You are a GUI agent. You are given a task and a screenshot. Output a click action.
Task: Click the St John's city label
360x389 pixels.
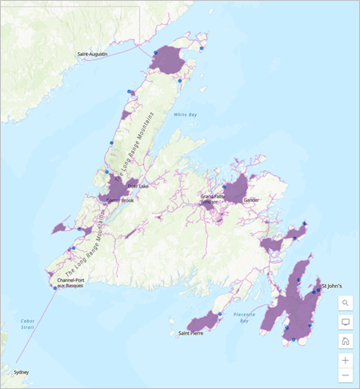point(332,286)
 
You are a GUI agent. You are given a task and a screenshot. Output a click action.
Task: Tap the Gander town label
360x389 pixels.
point(252,200)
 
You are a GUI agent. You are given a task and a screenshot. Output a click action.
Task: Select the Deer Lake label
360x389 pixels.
point(138,186)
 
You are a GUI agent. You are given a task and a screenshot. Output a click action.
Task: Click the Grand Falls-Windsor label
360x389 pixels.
point(213,199)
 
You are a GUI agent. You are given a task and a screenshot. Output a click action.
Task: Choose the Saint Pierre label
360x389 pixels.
point(190,333)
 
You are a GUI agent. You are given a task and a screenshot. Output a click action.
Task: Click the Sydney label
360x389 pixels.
point(22,372)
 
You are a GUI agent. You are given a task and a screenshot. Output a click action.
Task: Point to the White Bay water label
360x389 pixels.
point(186,114)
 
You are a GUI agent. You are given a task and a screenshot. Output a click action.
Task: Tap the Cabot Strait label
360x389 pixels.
point(28,325)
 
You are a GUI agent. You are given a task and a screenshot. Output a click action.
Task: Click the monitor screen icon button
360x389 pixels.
point(346,322)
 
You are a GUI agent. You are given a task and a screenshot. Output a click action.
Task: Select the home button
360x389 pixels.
point(346,341)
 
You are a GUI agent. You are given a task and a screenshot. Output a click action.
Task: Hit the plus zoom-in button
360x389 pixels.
point(346,360)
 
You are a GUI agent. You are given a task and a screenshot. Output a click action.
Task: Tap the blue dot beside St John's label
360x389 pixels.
point(318,290)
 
